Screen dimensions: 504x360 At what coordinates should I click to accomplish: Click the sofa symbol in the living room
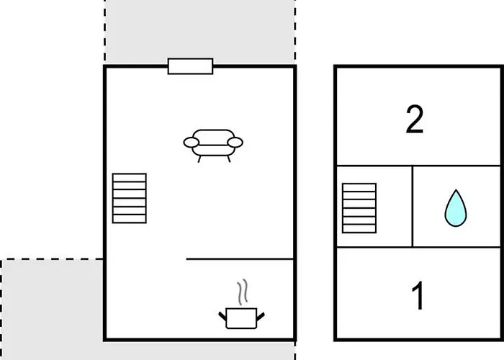pos(213,145)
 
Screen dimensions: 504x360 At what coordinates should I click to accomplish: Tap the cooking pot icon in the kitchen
pos(241,318)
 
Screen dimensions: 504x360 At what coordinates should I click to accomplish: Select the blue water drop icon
pos(456,208)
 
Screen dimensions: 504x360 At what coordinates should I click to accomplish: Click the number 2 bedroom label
pos(414,119)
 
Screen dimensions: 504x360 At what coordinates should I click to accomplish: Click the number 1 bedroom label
pos(418,295)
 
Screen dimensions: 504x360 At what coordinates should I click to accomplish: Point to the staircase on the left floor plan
pos(130,198)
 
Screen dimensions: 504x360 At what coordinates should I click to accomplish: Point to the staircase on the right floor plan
pos(359,208)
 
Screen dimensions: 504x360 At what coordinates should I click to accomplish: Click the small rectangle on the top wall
pos(190,66)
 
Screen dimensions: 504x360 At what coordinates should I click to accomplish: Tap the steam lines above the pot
pos(243,292)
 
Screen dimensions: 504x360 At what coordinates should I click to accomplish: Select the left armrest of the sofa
pos(192,143)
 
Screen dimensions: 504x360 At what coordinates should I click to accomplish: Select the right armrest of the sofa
pos(235,143)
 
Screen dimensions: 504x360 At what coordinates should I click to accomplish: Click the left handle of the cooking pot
pos(222,316)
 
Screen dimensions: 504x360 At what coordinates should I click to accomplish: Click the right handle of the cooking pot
pos(261,317)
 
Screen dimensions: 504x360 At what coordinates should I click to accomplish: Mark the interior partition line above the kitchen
pos(240,258)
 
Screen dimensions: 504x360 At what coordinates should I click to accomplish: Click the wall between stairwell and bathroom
pos(413,207)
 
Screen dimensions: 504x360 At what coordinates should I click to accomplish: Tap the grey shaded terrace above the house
pos(199,30)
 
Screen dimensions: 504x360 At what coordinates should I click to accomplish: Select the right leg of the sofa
pos(229,159)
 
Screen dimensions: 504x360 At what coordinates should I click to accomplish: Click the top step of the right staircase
pos(359,187)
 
